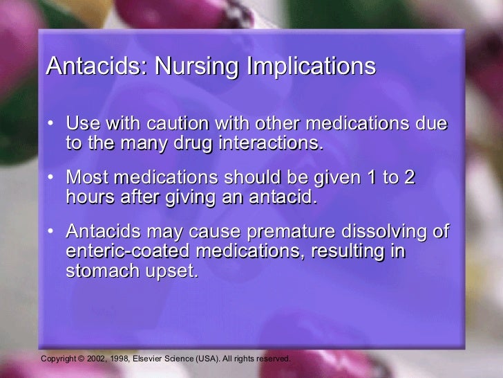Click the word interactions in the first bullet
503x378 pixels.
pyautogui.click(x=272, y=143)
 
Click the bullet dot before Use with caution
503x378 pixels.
pyautogui.click(x=53, y=125)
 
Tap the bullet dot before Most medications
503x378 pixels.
pyautogui.click(x=53, y=178)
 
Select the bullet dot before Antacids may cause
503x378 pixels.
pyautogui.click(x=53, y=232)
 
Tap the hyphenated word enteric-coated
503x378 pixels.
pyautogui.click(x=137, y=251)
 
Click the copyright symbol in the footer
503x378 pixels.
pyautogui.click(x=81, y=359)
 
